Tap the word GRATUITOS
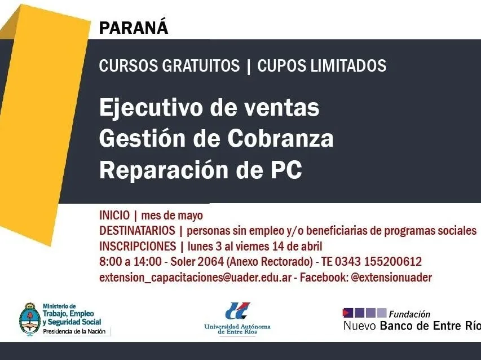[201, 65]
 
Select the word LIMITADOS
[348, 65]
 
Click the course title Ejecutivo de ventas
[209, 107]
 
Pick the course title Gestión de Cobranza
[217, 138]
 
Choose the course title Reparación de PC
[201, 169]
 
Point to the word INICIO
[114, 215]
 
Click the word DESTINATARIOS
[137, 230]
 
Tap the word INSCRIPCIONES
[138, 246]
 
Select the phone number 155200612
[393, 261]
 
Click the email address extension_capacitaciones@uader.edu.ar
[196, 278]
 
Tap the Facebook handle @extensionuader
[391, 277]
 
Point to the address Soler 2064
[197, 261]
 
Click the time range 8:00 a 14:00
[130, 261]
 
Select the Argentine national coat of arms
[30, 319]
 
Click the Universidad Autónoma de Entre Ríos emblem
[237, 311]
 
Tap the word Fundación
[409, 314]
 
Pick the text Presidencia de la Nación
[74, 331]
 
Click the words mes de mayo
[172, 216]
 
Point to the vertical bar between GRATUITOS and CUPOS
[249, 66]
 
